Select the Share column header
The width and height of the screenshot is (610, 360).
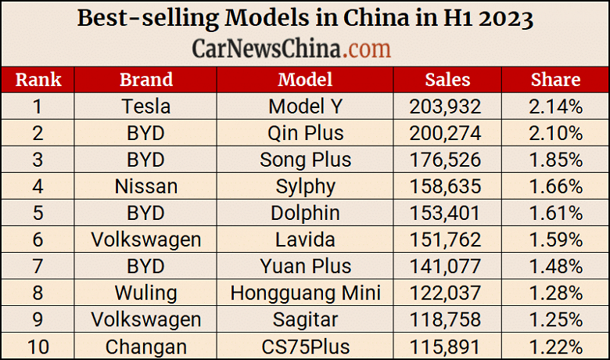coord(555,79)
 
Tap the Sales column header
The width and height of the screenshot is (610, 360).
coord(447,79)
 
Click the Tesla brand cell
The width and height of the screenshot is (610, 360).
coord(146,106)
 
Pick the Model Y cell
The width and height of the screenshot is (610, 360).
coord(305,106)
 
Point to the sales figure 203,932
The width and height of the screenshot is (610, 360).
coord(445,106)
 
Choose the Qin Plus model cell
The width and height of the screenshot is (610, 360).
coord(305,132)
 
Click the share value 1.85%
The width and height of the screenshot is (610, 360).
coord(555,160)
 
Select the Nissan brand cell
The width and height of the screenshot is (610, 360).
coord(146,186)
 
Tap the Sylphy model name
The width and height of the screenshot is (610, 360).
coord(305,186)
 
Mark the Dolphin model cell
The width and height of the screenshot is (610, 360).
coord(305,213)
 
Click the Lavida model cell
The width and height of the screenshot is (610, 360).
coord(305,239)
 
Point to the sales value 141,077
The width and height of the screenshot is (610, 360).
coord(445,266)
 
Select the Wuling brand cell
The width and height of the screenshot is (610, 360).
coord(146,293)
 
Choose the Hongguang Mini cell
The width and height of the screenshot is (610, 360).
coord(305,293)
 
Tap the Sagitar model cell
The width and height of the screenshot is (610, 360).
coord(305,319)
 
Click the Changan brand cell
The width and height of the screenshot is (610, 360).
coord(146,346)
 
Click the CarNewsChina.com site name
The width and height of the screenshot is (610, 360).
coord(291,49)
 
